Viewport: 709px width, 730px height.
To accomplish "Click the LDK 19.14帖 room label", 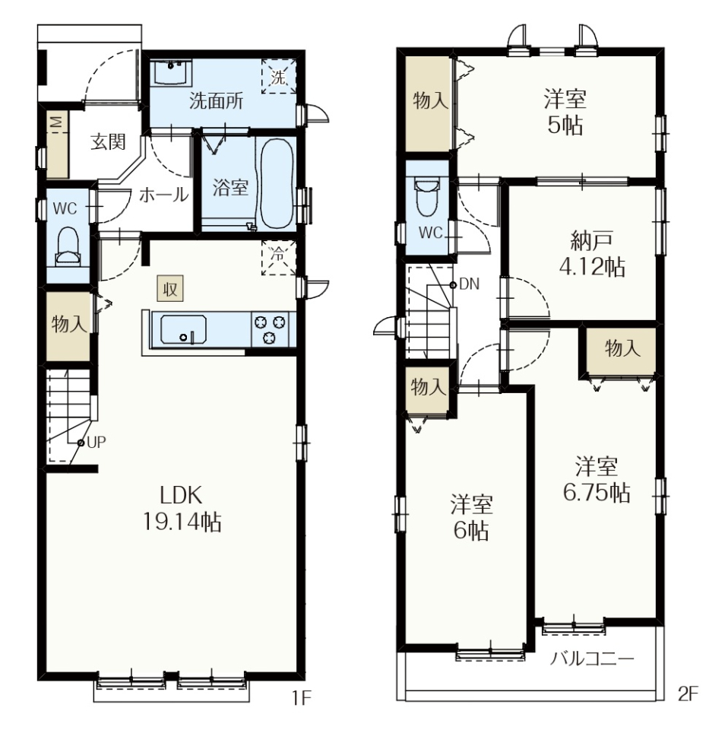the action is tap(182, 509).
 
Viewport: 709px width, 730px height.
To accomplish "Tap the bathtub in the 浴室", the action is tap(277, 184).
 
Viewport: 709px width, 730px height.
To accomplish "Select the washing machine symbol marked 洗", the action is tap(279, 76).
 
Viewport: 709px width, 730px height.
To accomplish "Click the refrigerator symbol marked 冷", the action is tap(279, 258).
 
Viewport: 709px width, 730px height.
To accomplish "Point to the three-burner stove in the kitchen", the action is tap(270, 329).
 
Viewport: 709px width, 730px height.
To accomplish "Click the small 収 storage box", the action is tap(169, 289).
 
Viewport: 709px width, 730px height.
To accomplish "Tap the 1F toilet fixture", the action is tap(68, 246).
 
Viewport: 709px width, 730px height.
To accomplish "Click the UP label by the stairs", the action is tap(97, 443).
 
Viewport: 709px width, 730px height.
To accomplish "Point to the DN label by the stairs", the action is tap(469, 284).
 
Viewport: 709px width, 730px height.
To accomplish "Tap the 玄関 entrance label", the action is tap(108, 141).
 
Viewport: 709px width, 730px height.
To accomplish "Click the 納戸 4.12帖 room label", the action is tap(592, 254).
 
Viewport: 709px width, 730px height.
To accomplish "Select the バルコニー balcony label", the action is tap(592, 659).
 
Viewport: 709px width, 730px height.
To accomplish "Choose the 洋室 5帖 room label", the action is tap(565, 112).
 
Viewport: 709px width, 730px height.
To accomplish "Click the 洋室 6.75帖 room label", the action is tap(597, 480).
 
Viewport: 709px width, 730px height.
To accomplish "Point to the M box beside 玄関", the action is tap(57, 122).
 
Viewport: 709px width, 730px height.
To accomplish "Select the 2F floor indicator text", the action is tap(688, 694).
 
